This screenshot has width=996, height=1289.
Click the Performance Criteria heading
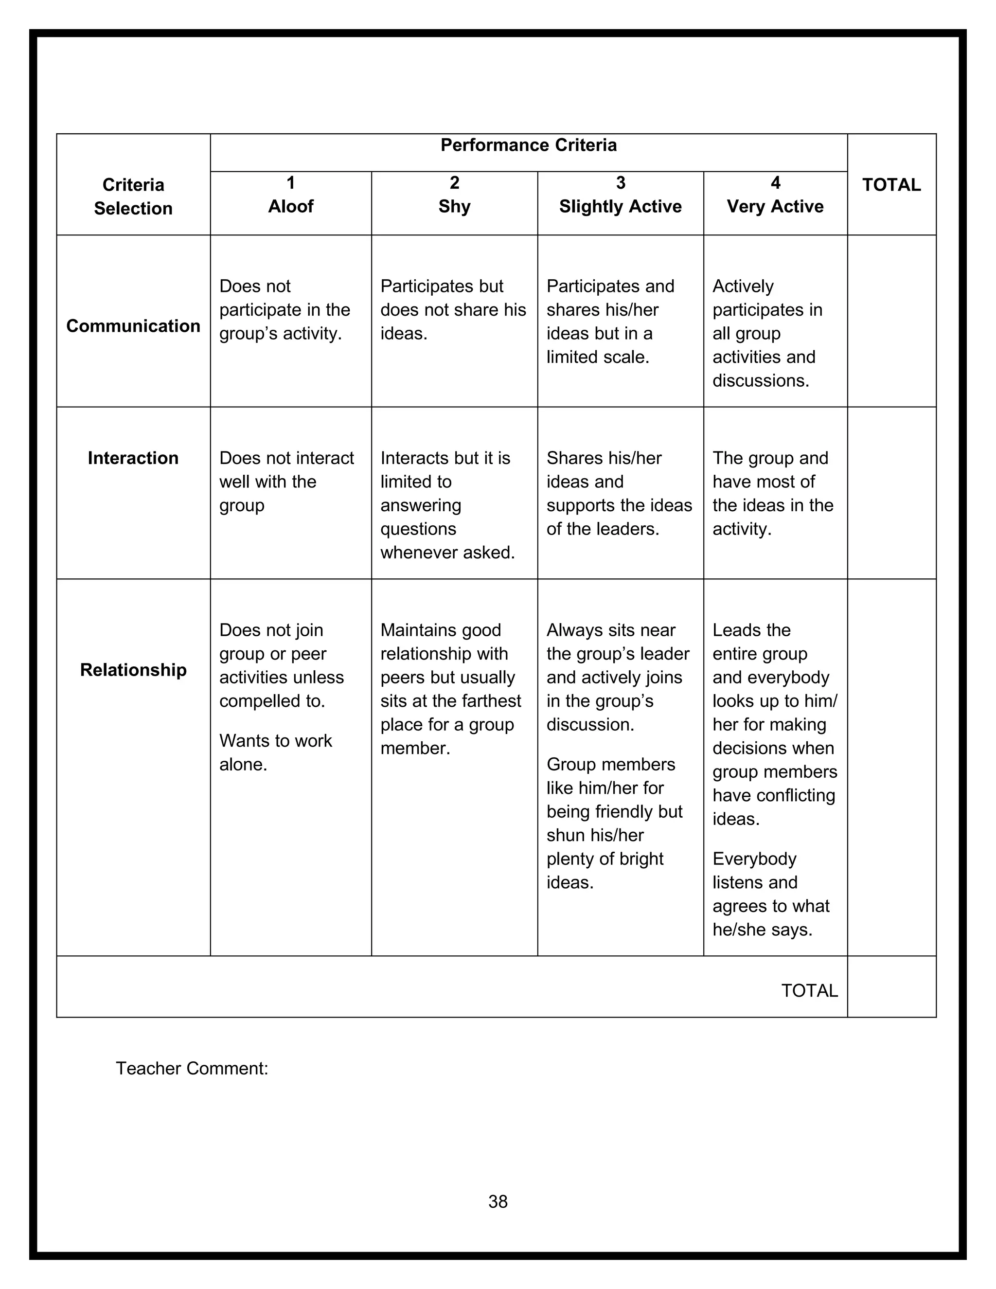(528, 145)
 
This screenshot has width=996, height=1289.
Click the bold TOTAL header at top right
(891, 185)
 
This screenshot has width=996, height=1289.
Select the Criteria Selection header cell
(133, 197)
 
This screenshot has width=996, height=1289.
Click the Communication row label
(133, 326)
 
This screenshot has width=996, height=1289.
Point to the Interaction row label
(133, 458)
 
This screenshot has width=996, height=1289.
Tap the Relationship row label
(133, 670)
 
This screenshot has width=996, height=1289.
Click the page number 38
(498, 1201)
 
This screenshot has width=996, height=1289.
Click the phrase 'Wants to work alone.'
(276, 752)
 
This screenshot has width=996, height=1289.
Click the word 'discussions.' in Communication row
(761, 381)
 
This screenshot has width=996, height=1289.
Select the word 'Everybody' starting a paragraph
(754, 859)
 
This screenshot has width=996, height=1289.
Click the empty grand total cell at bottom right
(891, 987)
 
